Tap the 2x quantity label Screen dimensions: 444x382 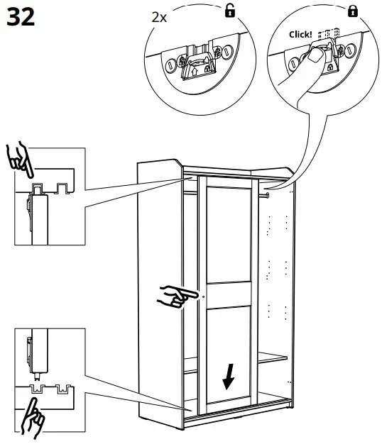point(159,18)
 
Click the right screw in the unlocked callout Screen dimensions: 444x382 point(228,52)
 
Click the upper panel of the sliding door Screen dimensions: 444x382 point(229,234)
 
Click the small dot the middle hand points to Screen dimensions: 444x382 point(203,296)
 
